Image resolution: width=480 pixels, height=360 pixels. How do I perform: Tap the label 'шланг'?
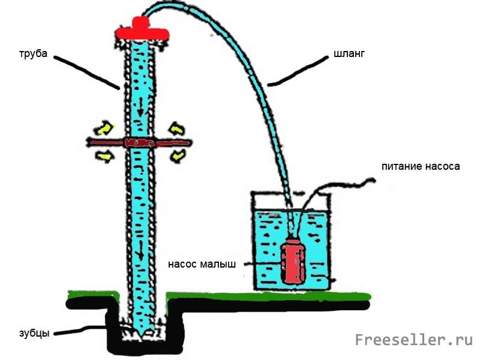coord(349,54)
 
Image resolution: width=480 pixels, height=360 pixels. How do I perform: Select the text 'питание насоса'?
coord(421,166)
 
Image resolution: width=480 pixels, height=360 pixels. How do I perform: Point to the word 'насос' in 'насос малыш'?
coord(181,264)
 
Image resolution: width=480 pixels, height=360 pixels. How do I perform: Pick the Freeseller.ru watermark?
coord(414,340)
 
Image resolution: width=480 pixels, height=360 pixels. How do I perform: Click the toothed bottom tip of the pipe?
coord(140,330)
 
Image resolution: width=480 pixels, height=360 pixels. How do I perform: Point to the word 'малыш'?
coord(218,264)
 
